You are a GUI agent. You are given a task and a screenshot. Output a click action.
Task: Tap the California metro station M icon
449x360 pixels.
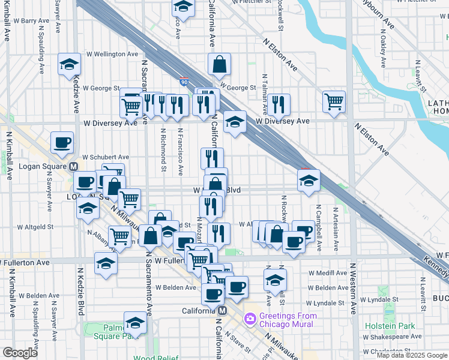tap(221, 310)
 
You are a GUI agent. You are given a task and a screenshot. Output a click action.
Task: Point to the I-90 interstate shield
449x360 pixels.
tap(183, 81)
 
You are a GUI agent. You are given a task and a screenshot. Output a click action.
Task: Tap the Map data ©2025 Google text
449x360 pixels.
tap(411, 355)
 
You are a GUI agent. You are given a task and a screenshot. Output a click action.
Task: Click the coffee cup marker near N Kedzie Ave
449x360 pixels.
tap(62, 143)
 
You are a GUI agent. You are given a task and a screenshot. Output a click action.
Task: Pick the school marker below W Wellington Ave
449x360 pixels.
tap(70, 64)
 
